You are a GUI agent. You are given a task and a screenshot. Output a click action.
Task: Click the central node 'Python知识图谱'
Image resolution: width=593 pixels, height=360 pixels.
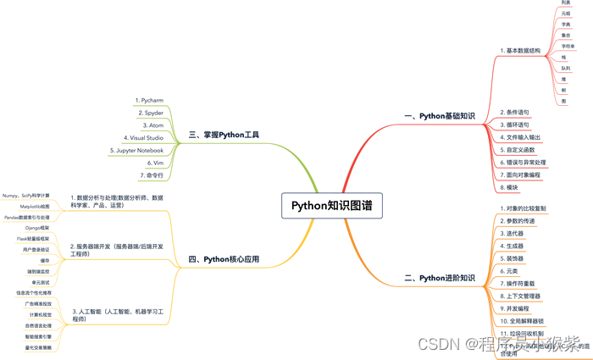click(324, 205)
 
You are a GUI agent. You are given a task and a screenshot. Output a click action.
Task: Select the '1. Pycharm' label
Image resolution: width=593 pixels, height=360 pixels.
click(152, 100)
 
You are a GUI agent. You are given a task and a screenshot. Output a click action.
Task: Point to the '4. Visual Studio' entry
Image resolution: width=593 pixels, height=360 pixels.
click(144, 136)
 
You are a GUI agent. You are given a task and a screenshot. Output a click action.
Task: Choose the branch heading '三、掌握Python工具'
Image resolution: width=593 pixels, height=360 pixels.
click(224, 134)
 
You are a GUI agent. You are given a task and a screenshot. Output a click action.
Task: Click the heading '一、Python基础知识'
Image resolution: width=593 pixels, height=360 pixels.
click(440, 115)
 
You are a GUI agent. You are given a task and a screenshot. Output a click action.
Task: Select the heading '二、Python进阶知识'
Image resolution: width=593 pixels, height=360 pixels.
click(440, 277)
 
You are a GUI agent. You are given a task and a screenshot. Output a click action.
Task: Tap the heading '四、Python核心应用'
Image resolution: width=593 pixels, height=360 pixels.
click(224, 259)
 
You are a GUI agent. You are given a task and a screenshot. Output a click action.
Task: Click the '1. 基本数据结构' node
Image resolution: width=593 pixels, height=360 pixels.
click(520, 51)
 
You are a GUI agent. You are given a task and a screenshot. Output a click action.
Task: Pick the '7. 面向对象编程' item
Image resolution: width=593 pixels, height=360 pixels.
click(524, 174)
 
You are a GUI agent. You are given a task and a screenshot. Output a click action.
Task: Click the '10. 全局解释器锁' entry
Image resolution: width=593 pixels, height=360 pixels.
click(527, 321)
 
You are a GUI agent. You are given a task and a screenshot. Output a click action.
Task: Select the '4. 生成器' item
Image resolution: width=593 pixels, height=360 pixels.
click(514, 246)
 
